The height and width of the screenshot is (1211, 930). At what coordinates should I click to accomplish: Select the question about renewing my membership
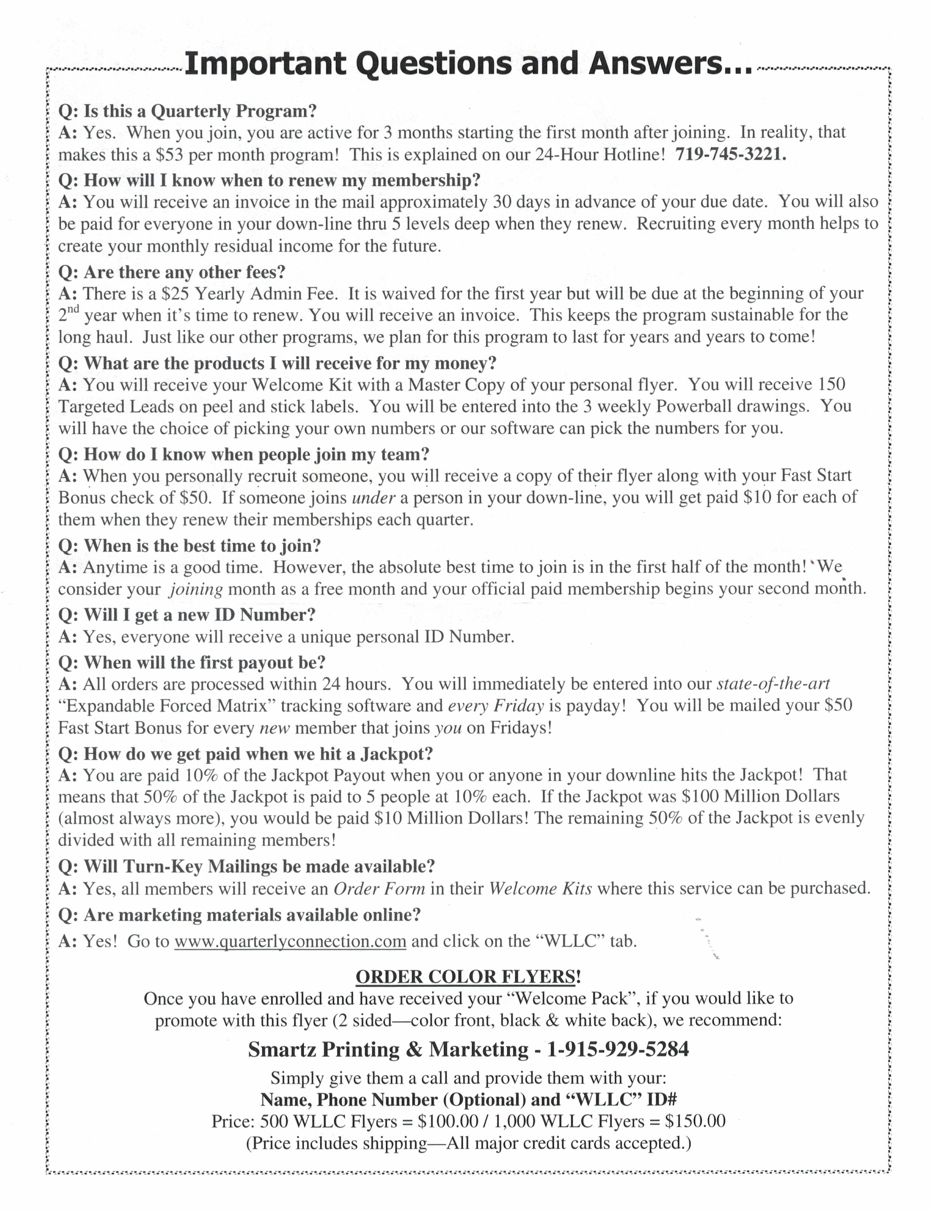click(269, 180)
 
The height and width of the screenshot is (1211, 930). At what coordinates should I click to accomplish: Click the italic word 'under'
click(374, 498)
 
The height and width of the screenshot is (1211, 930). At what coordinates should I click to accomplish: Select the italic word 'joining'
click(196, 589)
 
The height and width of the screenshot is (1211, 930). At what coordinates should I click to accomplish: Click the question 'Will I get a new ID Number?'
click(187, 615)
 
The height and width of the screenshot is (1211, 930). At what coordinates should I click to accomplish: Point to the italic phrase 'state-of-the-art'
click(773, 684)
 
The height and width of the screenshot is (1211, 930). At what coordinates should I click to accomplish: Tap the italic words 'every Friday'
click(496, 706)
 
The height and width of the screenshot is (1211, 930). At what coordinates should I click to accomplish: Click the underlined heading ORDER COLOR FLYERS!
click(468, 977)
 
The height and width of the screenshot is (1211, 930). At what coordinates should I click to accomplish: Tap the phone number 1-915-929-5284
click(618, 1049)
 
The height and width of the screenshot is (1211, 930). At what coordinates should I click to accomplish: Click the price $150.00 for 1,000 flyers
click(695, 1121)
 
